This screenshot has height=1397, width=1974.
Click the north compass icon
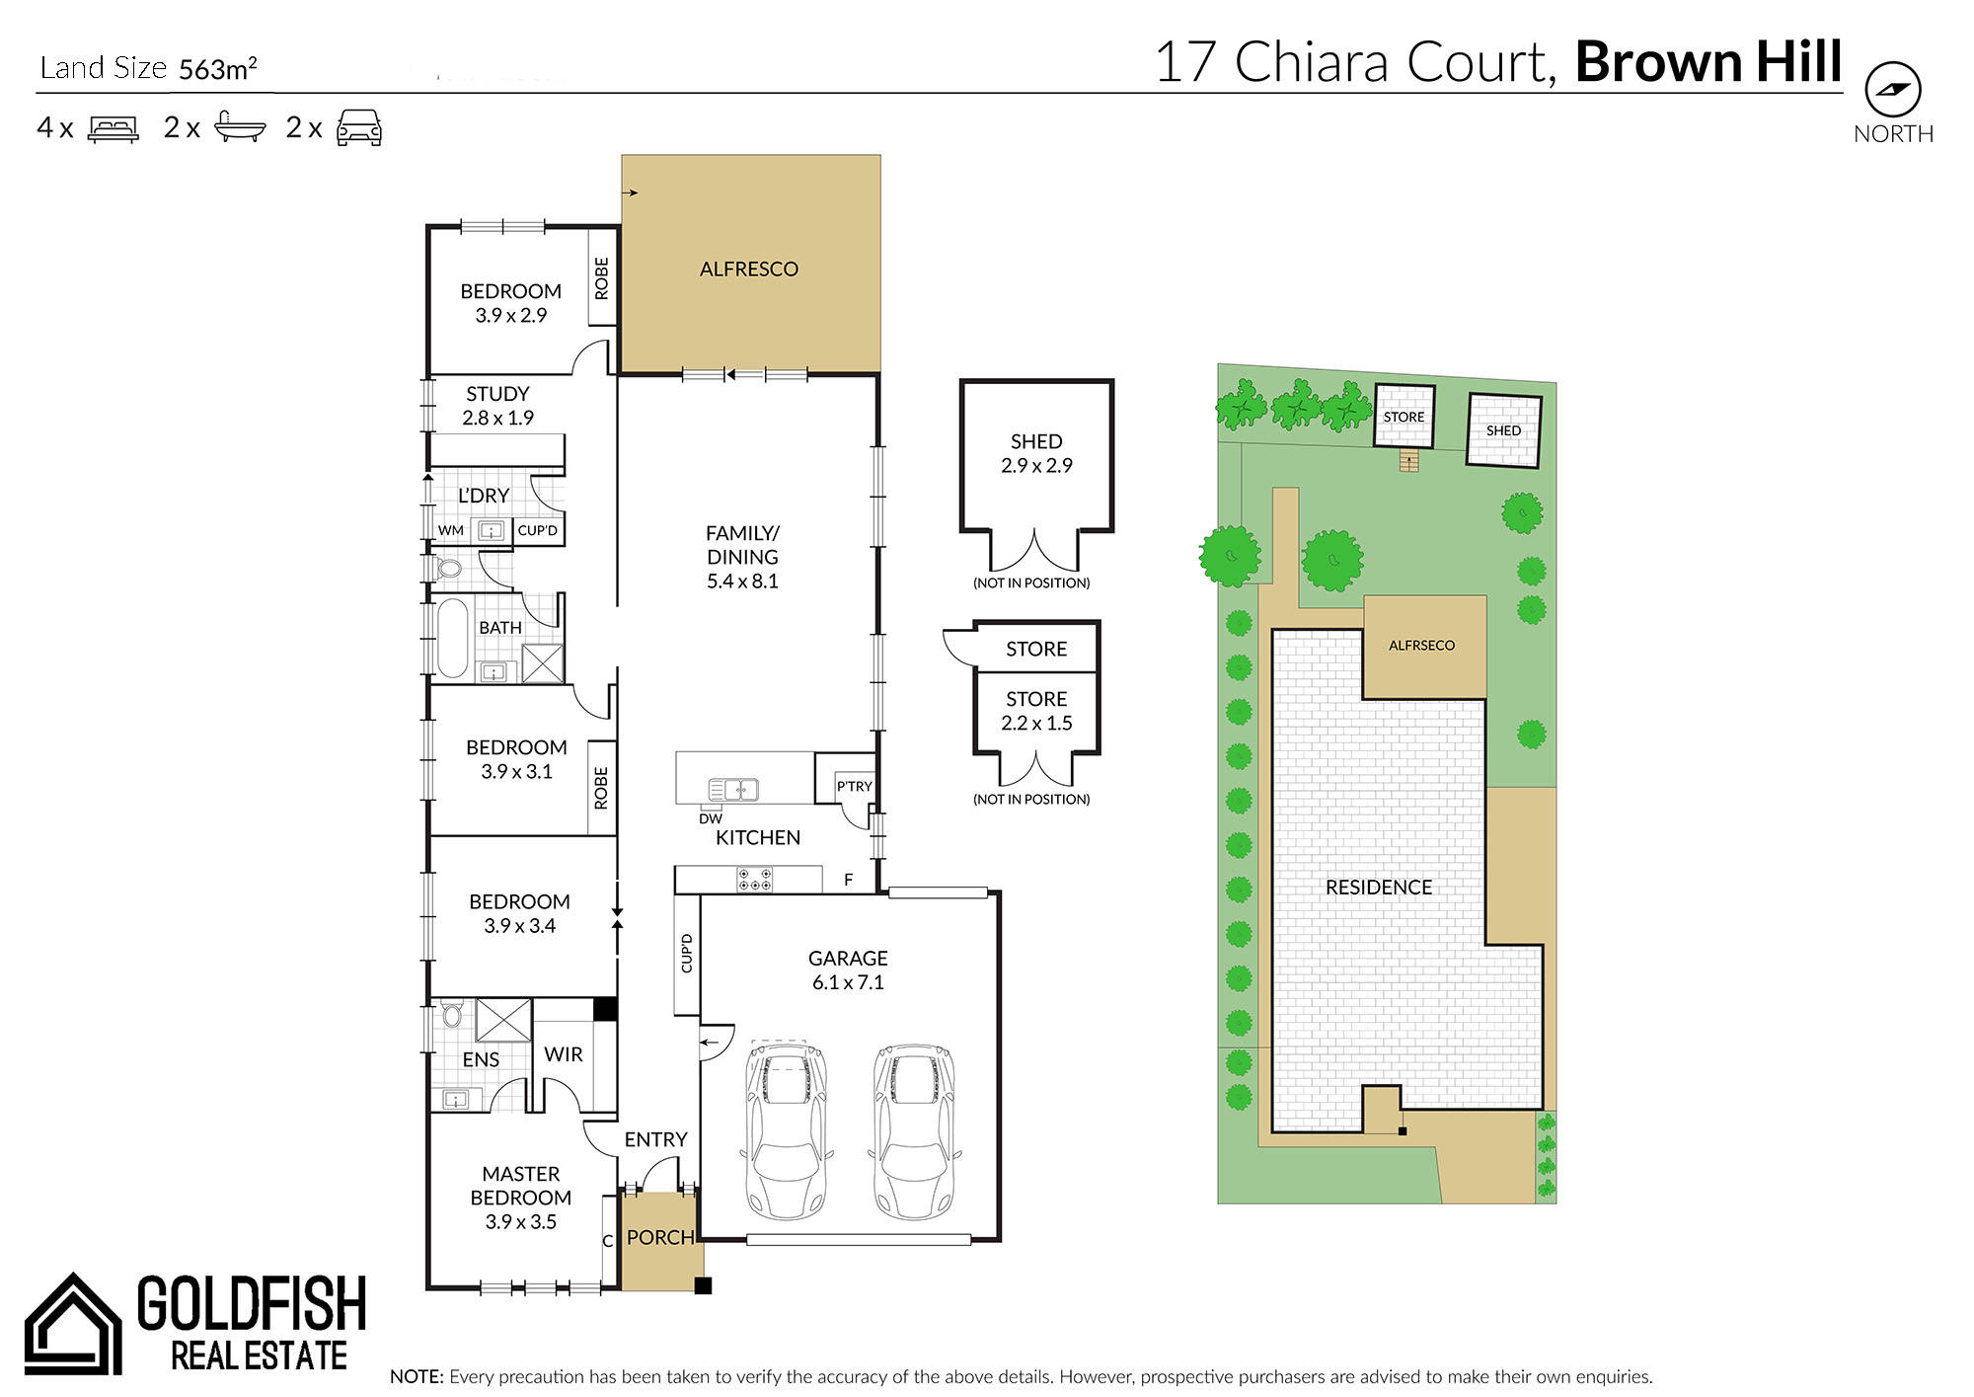tap(1892, 90)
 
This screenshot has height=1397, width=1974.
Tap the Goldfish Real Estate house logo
tap(73, 1323)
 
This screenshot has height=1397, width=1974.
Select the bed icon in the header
tap(114, 128)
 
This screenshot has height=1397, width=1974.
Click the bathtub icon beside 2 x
tap(240, 127)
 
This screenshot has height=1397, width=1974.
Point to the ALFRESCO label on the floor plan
tap(748, 269)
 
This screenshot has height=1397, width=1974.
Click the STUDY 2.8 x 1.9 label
tap(497, 406)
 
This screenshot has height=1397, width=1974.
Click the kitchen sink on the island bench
tap(733, 789)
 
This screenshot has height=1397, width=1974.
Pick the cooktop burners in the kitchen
tap(755, 879)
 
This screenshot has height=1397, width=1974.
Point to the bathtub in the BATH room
tap(453, 638)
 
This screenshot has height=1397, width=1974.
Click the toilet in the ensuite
tap(452, 1014)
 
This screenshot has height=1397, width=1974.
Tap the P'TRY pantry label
tap(854, 786)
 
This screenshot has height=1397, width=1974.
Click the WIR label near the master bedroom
tap(563, 1054)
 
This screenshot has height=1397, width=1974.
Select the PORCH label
tap(660, 1237)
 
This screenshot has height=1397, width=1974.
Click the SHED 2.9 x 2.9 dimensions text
tap(1036, 465)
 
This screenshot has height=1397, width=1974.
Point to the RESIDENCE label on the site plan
tap(1378, 888)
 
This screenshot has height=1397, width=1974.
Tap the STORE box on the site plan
tap(1405, 416)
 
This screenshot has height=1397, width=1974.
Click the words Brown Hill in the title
tap(1708, 61)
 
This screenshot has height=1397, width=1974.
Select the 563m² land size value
tap(218, 68)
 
